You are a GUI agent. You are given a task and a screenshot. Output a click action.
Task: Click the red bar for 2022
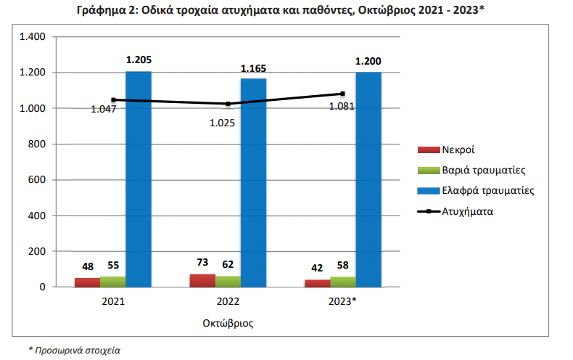(202, 280)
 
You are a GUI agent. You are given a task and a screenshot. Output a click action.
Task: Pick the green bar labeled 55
(112, 282)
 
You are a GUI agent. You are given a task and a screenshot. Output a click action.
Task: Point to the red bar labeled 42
(317, 283)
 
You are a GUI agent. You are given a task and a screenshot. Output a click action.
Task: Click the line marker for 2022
(228, 104)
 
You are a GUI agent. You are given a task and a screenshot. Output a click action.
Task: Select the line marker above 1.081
(342, 94)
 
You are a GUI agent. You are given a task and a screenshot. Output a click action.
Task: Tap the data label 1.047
(104, 110)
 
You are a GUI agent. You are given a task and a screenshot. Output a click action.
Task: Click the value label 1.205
(139, 61)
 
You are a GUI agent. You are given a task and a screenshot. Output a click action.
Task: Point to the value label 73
(202, 263)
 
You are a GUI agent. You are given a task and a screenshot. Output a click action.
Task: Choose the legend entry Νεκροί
(458, 150)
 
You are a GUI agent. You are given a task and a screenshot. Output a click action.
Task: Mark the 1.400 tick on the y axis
(33, 37)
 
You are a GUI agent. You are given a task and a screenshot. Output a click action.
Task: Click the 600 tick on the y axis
(38, 180)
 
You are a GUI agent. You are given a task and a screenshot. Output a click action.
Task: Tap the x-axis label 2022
(228, 300)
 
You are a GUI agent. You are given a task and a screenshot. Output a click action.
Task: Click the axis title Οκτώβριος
(228, 320)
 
